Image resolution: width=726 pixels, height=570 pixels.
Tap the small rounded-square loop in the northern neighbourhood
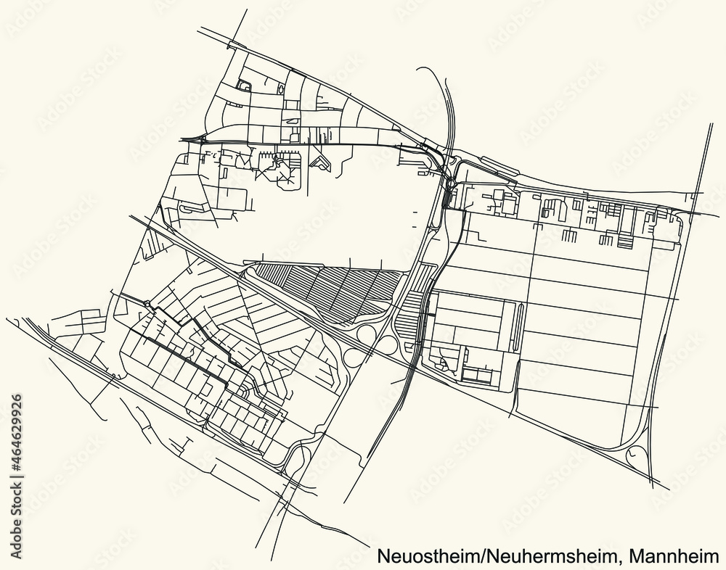[245, 87]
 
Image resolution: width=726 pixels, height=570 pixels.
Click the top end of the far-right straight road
[712, 125]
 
